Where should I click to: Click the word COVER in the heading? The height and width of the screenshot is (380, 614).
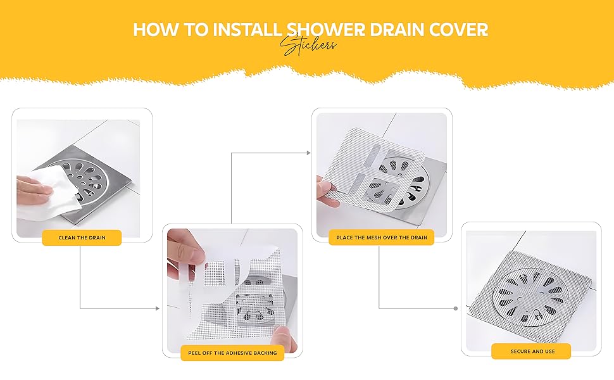(460, 30)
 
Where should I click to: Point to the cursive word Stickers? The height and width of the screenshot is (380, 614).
(308, 46)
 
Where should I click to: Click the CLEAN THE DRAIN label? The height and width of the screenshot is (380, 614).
(82, 238)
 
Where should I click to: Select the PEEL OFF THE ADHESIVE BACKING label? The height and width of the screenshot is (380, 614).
(232, 353)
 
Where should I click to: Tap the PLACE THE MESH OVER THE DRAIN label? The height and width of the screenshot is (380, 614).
(381, 237)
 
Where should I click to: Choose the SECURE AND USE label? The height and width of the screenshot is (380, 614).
(531, 351)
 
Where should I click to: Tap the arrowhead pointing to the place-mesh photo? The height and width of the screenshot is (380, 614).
(308, 153)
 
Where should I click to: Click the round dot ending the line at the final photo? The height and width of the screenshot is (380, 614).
(455, 308)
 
